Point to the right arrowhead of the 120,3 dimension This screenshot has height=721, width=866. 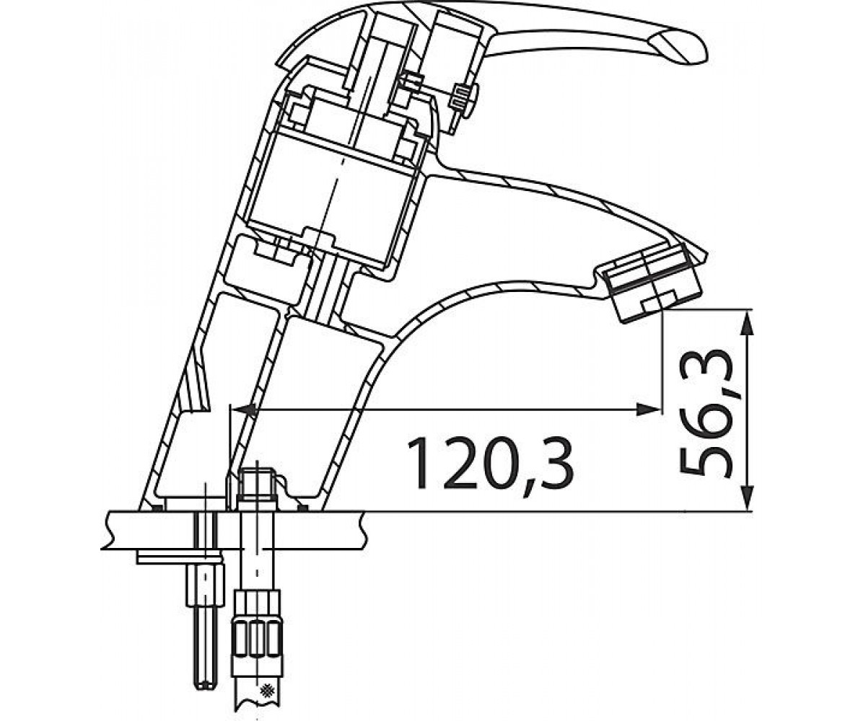[648, 410]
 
